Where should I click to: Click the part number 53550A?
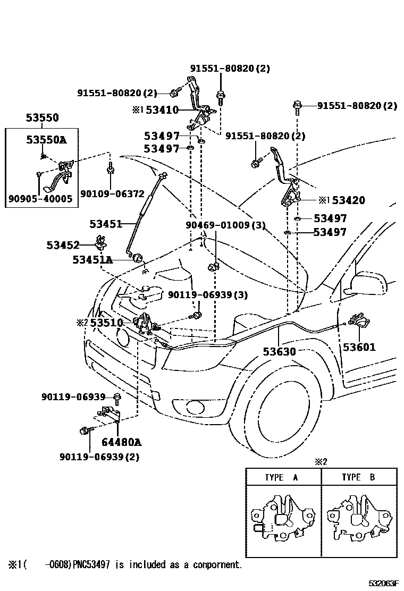(x=46, y=140)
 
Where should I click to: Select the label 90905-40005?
(x=40, y=199)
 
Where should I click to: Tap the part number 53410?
(x=162, y=110)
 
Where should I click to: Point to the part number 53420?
(x=349, y=200)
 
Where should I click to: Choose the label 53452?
(x=63, y=245)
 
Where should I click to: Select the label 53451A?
(x=92, y=259)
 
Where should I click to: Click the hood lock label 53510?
(x=106, y=323)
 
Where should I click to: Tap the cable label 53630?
(x=279, y=351)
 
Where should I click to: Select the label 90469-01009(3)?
(x=225, y=225)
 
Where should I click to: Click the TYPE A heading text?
(x=282, y=477)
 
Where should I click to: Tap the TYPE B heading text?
(x=358, y=477)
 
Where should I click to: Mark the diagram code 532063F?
(x=380, y=584)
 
